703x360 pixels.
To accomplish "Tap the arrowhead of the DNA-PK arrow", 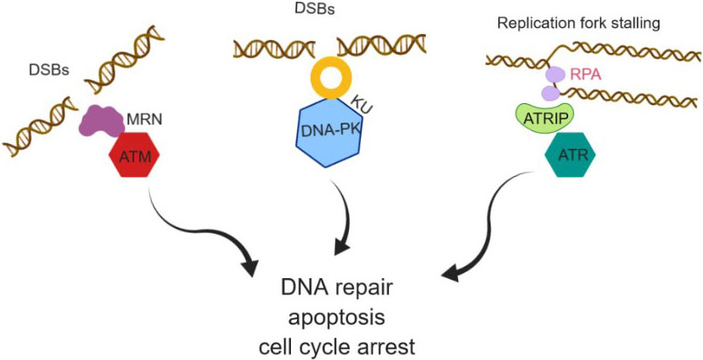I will tap(341, 248).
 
